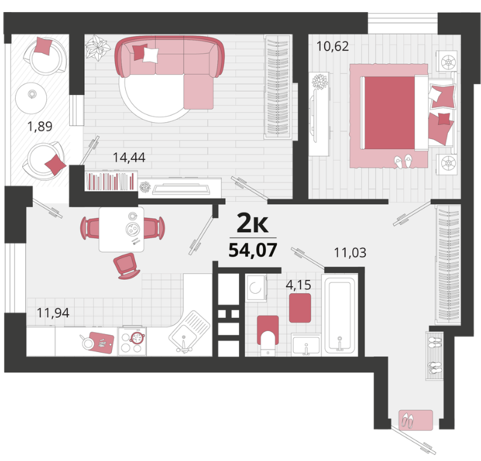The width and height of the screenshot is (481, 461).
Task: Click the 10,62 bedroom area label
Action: point(332,46)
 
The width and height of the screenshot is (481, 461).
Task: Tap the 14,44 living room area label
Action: point(129,157)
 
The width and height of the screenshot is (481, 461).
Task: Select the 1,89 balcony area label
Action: point(40,126)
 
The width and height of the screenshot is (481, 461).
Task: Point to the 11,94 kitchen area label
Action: point(53,312)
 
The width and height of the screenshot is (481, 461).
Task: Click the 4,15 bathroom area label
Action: point(299,285)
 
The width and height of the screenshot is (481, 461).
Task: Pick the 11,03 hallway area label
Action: point(350,252)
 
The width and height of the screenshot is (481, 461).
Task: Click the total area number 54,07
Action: point(253,250)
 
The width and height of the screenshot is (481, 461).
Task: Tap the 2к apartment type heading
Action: point(253,224)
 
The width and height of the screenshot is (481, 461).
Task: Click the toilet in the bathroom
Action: point(268,336)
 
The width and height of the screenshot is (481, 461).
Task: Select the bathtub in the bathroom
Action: point(340,315)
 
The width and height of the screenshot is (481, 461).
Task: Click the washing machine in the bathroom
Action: point(256,288)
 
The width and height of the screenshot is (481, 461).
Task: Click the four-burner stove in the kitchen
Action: point(132,341)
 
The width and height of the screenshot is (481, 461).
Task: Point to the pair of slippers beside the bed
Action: point(403,161)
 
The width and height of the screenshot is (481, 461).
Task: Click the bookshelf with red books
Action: point(111,181)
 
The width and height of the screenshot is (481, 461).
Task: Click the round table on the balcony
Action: point(31,98)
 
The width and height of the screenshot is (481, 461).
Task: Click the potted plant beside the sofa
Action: point(98,48)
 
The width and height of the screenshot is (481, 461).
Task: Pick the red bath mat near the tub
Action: point(300,308)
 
